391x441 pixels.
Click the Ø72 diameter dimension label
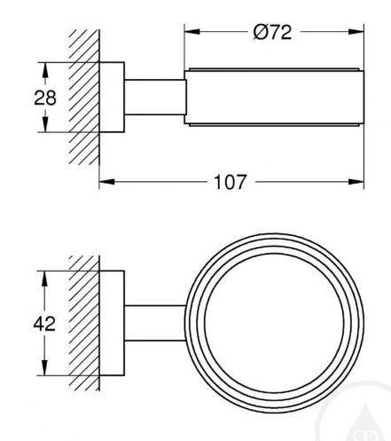[x=272, y=32]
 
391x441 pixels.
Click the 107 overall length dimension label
[x=230, y=182]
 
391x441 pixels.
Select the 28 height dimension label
[x=45, y=98]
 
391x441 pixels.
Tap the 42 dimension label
[x=44, y=324]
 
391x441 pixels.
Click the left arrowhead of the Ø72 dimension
[x=192, y=32]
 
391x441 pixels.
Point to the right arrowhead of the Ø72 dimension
[x=356, y=32]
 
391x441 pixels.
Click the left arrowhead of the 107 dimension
[x=107, y=182]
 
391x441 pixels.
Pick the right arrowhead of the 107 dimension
[x=356, y=182]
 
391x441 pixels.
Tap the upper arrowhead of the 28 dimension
[x=45, y=70]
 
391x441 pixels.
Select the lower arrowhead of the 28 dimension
[x=45, y=124]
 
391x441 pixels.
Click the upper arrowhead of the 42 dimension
[x=44, y=279]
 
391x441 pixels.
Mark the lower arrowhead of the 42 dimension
[x=44, y=367]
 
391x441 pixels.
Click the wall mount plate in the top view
[x=112, y=97]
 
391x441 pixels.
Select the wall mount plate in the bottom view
[x=112, y=323]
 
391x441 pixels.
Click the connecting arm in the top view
[x=155, y=97]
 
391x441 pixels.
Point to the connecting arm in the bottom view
[x=155, y=323]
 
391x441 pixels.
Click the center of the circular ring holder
[x=274, y=323]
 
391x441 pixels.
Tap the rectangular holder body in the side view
[x=274, y=97]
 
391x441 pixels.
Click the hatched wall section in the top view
[x=84, y=97]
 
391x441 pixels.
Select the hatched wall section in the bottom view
[x=84, y=323]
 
